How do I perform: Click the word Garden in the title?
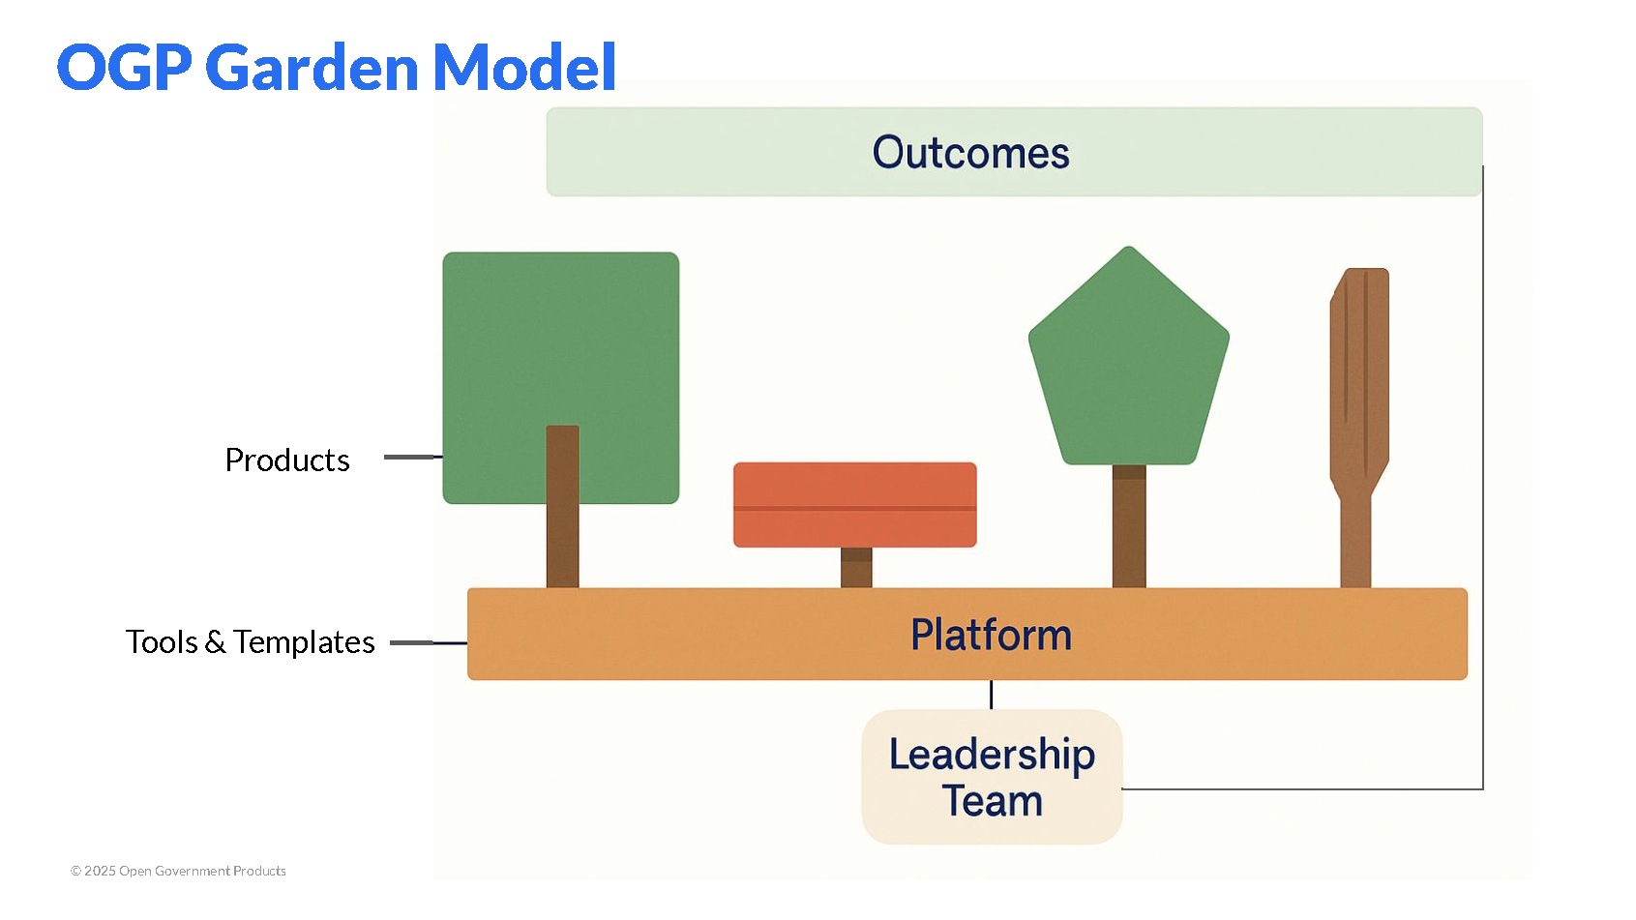[x=312, y=68]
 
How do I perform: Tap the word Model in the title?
[x=523, y=68]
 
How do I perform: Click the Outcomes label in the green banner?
[x=970, y=153]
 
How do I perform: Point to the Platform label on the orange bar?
[x=991, y=636]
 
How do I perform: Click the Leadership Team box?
[x=992, y=777]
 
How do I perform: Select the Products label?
[x=287, y=460]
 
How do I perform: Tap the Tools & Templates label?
[x=250, y=642]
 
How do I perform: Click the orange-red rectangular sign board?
[x=854, y=504]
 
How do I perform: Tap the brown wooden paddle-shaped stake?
[x=1358, y=406]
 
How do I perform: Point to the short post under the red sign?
[x=856, y=568]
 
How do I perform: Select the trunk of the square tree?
[x=562, y=522]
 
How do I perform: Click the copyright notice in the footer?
[x=178, y=871]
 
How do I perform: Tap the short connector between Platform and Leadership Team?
[x=992, y=695]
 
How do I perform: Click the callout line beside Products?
[x=412, y=457]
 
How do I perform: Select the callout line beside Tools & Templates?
[x=427, y=642]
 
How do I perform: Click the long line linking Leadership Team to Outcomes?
[x=1482, y=484]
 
